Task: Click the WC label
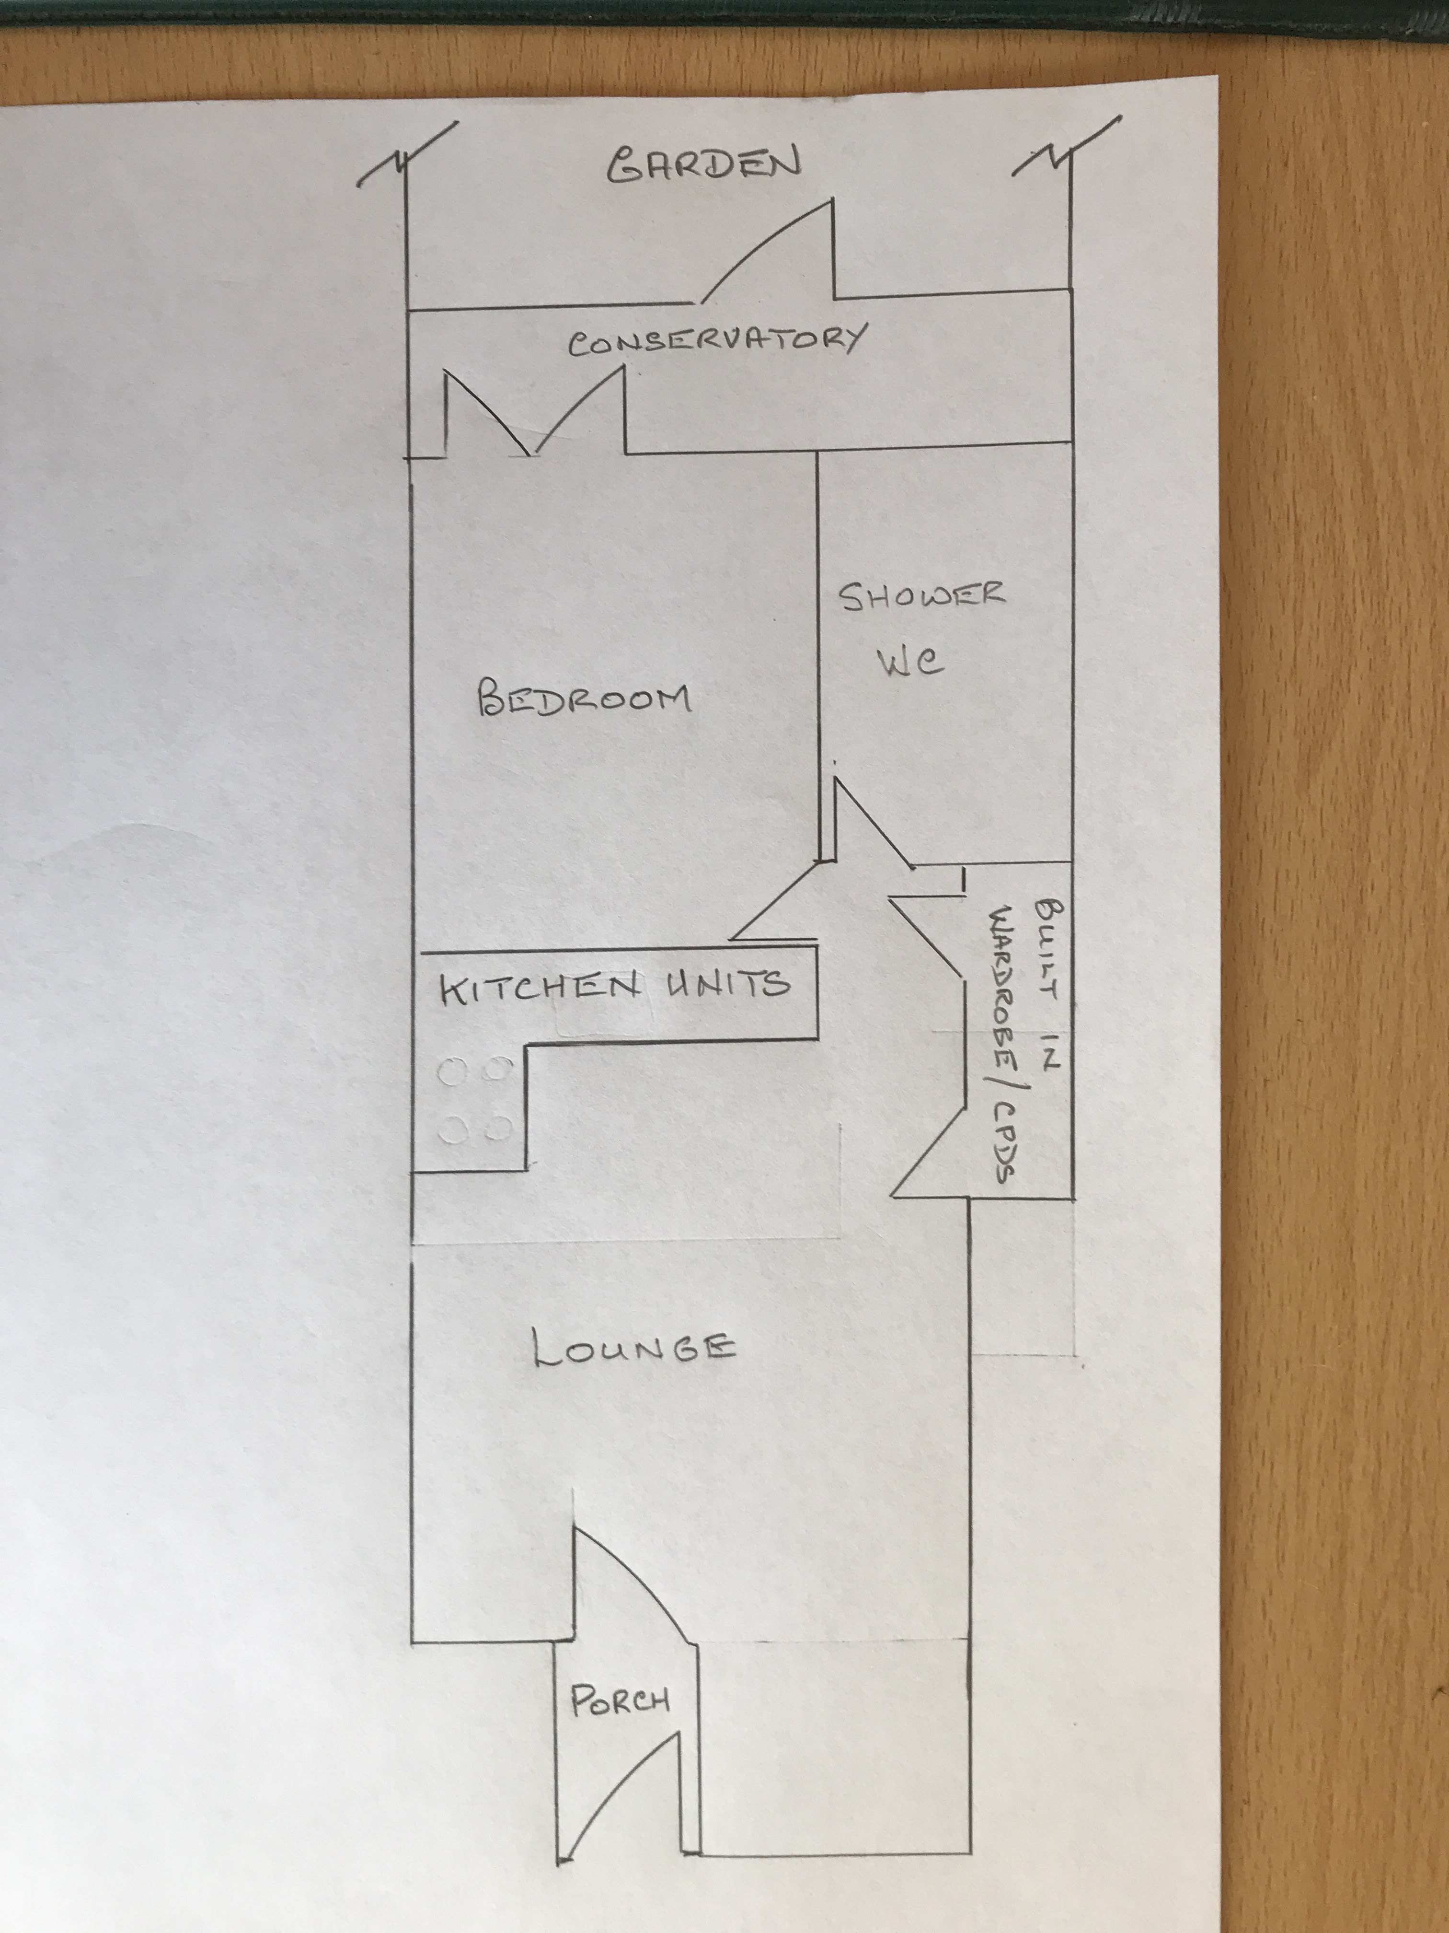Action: [x=910, y=663]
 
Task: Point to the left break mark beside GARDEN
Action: [x=406, y=157]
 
